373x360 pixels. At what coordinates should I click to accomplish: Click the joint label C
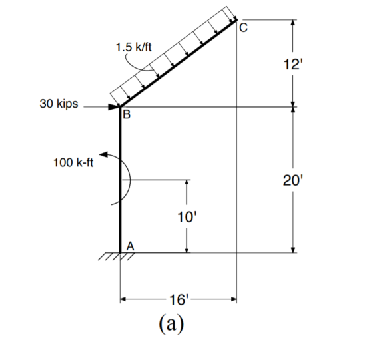[243, 28]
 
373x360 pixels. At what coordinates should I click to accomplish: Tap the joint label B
[127, 114]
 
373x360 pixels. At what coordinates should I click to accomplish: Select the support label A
[130, 246]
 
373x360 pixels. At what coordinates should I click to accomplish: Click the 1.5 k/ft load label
[133, 47]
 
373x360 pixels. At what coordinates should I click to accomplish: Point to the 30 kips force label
[59, 104]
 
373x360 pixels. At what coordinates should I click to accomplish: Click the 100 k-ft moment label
[73, 163]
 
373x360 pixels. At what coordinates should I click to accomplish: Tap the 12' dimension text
[293, 64]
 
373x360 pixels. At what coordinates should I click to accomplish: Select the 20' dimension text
[293, 180]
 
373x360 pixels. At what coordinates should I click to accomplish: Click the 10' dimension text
[187, 217]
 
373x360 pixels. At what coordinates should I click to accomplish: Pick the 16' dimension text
[179, 299]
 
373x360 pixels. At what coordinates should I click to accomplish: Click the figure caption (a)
[171, 323]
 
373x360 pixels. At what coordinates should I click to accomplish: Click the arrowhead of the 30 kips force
[114, 107]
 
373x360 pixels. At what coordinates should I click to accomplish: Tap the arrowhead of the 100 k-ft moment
[103, 154]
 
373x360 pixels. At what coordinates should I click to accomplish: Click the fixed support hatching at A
[117, 256]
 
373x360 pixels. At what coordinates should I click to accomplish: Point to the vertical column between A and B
[120, 180]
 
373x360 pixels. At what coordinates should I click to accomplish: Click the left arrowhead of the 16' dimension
[123, 299]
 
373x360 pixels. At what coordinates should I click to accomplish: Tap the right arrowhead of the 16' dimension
[234, 299]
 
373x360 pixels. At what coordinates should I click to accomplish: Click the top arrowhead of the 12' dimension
[293, 23]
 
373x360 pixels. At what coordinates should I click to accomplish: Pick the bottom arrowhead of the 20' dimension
[293, 250]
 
